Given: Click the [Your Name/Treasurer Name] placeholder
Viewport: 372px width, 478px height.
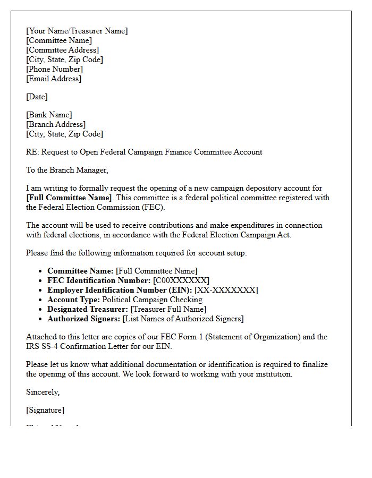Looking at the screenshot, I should tap(77, 31).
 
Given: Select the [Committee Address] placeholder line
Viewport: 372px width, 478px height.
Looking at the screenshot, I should tap(62, 50).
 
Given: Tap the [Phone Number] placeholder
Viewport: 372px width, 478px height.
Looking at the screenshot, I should tap(54, 69).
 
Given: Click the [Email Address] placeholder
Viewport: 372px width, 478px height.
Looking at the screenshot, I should tap(54, 79).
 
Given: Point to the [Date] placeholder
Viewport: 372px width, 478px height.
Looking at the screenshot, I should tap(37, 97).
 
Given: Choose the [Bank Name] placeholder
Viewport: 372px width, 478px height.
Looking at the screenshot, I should tap(49, 115).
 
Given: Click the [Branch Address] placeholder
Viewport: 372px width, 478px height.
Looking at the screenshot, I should tap(56, 124).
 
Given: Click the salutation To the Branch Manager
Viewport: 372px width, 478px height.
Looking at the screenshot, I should tap(67, 170).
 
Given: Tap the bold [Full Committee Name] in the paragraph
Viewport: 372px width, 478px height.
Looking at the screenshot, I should tap(69, 198).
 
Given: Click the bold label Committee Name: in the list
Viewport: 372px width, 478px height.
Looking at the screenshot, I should tap(80, 271).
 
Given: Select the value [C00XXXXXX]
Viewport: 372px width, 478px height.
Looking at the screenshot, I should tap(181, 280).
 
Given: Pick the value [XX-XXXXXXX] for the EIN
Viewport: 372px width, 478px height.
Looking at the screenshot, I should tap(226, 290).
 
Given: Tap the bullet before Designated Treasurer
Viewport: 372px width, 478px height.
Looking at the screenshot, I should tap(41, 309).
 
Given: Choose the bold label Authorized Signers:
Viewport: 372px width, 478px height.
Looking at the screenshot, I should tap(84, 319).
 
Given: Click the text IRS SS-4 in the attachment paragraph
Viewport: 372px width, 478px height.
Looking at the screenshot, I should tap(43, 346).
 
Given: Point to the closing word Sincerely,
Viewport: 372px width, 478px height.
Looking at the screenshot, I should tap(43, 392).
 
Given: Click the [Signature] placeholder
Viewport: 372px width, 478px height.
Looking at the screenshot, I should tap(45, 410).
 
